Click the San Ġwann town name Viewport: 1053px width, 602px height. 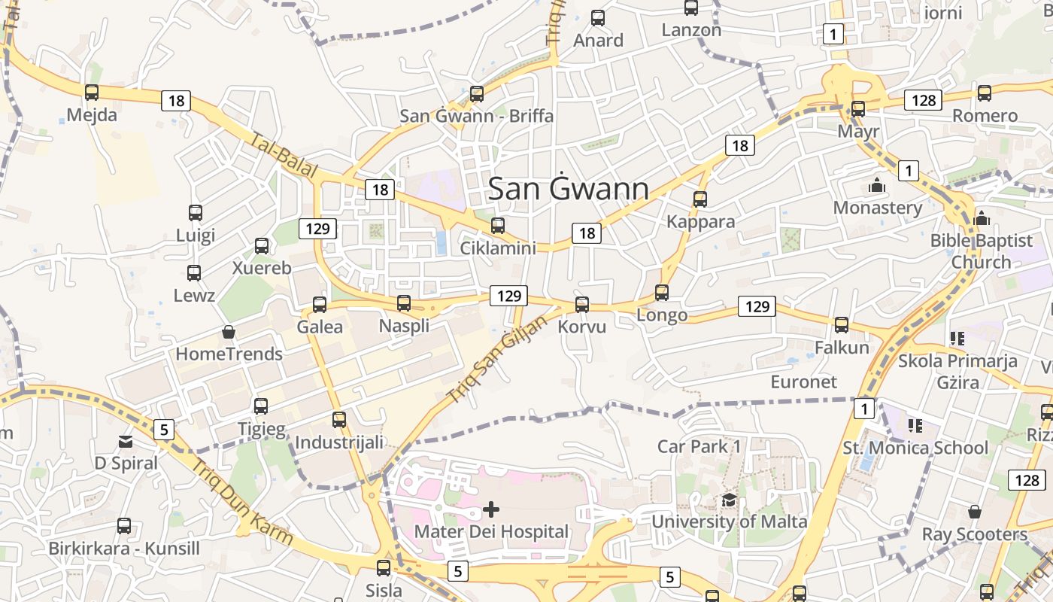coord(569,189)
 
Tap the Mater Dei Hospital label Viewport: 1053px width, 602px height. coord(491,532)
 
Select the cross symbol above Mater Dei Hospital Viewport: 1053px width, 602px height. coord(491,510)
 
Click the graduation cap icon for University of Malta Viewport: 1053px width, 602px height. coord(729,500)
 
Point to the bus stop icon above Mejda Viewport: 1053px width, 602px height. coord(92,93)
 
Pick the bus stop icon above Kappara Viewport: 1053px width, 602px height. coord(700,199)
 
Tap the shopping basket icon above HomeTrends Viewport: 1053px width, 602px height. coord(229,332)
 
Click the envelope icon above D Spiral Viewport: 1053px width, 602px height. coord(126,442)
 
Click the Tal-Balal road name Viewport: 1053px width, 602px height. coord(284,157)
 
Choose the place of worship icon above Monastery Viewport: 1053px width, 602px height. coord(877,185)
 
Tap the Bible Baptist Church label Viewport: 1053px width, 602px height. coord(981,251)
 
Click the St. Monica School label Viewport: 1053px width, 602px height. coord(915,448)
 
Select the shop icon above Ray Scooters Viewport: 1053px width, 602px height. coord(975,512)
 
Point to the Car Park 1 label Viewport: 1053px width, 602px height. coord(699,446)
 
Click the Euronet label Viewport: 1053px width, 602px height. coord(803,382)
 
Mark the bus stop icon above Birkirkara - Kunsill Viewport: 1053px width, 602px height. coord(124,526)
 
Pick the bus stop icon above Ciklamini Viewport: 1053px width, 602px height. coord(497,226)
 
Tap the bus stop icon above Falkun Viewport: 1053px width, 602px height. coord(842,325)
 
